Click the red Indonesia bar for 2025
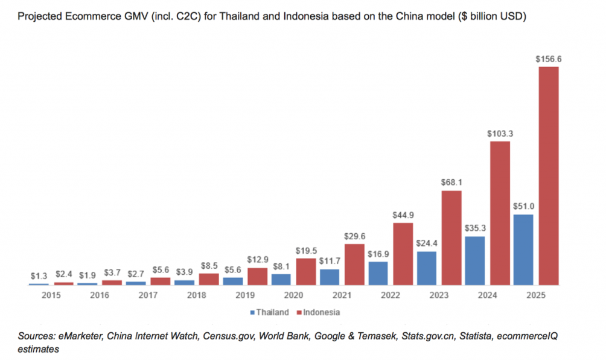(x=549, y=176)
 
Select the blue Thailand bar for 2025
(x=523, y=250)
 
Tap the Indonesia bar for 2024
(x=500, y=213)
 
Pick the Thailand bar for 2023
(x=427, y=268)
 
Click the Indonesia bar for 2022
(x=403, y=254)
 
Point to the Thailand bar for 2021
(x=330, y=277)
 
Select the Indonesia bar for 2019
(x=257, y=277)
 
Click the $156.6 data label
(x=549, y=59)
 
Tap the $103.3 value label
(x=500, y=133)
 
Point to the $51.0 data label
(x=524, y=207)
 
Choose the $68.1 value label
(x=451, y=182)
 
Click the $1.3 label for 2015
(x=39, y=276)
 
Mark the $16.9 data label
(x=378, y=254)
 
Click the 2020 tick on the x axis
(x=293, y=295)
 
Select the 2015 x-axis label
(x=51, y=295)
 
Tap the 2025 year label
(x=535, y=295)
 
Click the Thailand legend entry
(x=269, y=312)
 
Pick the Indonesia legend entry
(x=318, y=312)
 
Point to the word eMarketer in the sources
(x=80, y=336)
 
